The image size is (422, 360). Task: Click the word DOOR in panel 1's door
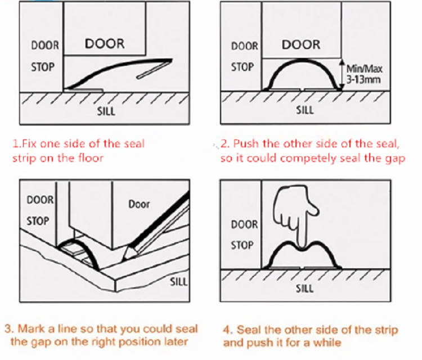(x=104, y=44)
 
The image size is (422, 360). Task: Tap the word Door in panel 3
(x=139, y=204)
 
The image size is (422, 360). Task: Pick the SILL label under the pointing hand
(x=304, y=289)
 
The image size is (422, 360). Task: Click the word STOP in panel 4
(x=243, y=246)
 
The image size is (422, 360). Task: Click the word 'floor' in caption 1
(x=90, y=158)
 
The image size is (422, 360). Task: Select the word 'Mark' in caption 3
(x=28, y=329)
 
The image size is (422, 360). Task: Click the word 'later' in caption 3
(x=176, y=341)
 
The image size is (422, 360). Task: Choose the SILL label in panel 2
(x=304, y=110)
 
